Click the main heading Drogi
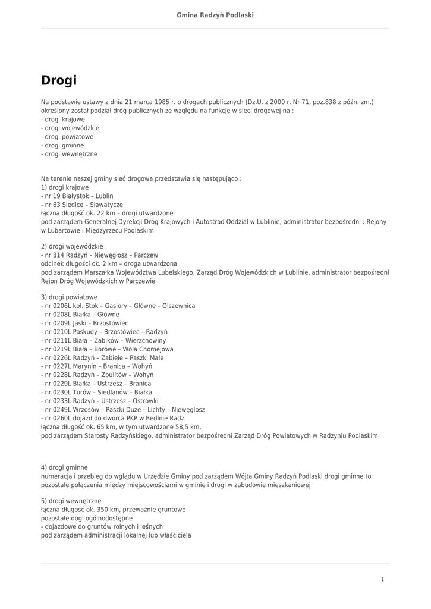click(59, 80)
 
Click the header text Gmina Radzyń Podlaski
click(215, 15)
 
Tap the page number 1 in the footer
click(382, 579)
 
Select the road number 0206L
click(62, 306)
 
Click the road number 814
click(58, 255)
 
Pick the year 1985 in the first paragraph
click(153, 102)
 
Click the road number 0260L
click(62, 418)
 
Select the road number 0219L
click(62, 349)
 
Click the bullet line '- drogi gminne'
click(62, 145)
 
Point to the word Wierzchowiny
click(146, 340)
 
